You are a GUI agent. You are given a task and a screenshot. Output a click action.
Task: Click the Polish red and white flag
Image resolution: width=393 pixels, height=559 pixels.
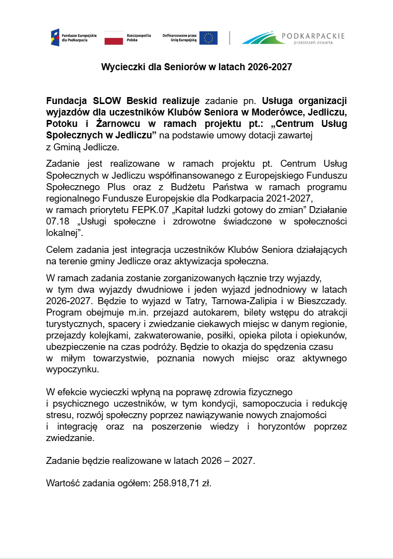coord(114,38)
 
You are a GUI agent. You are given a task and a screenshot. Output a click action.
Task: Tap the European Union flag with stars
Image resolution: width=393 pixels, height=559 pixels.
coord(208,38)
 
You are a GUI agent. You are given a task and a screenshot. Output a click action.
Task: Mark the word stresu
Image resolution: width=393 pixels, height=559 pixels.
coord(58,415)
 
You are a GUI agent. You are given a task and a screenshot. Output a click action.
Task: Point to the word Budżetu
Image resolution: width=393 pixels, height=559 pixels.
coord(190,187)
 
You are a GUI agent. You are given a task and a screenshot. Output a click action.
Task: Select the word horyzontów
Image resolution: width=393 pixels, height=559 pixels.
coord(279,427)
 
